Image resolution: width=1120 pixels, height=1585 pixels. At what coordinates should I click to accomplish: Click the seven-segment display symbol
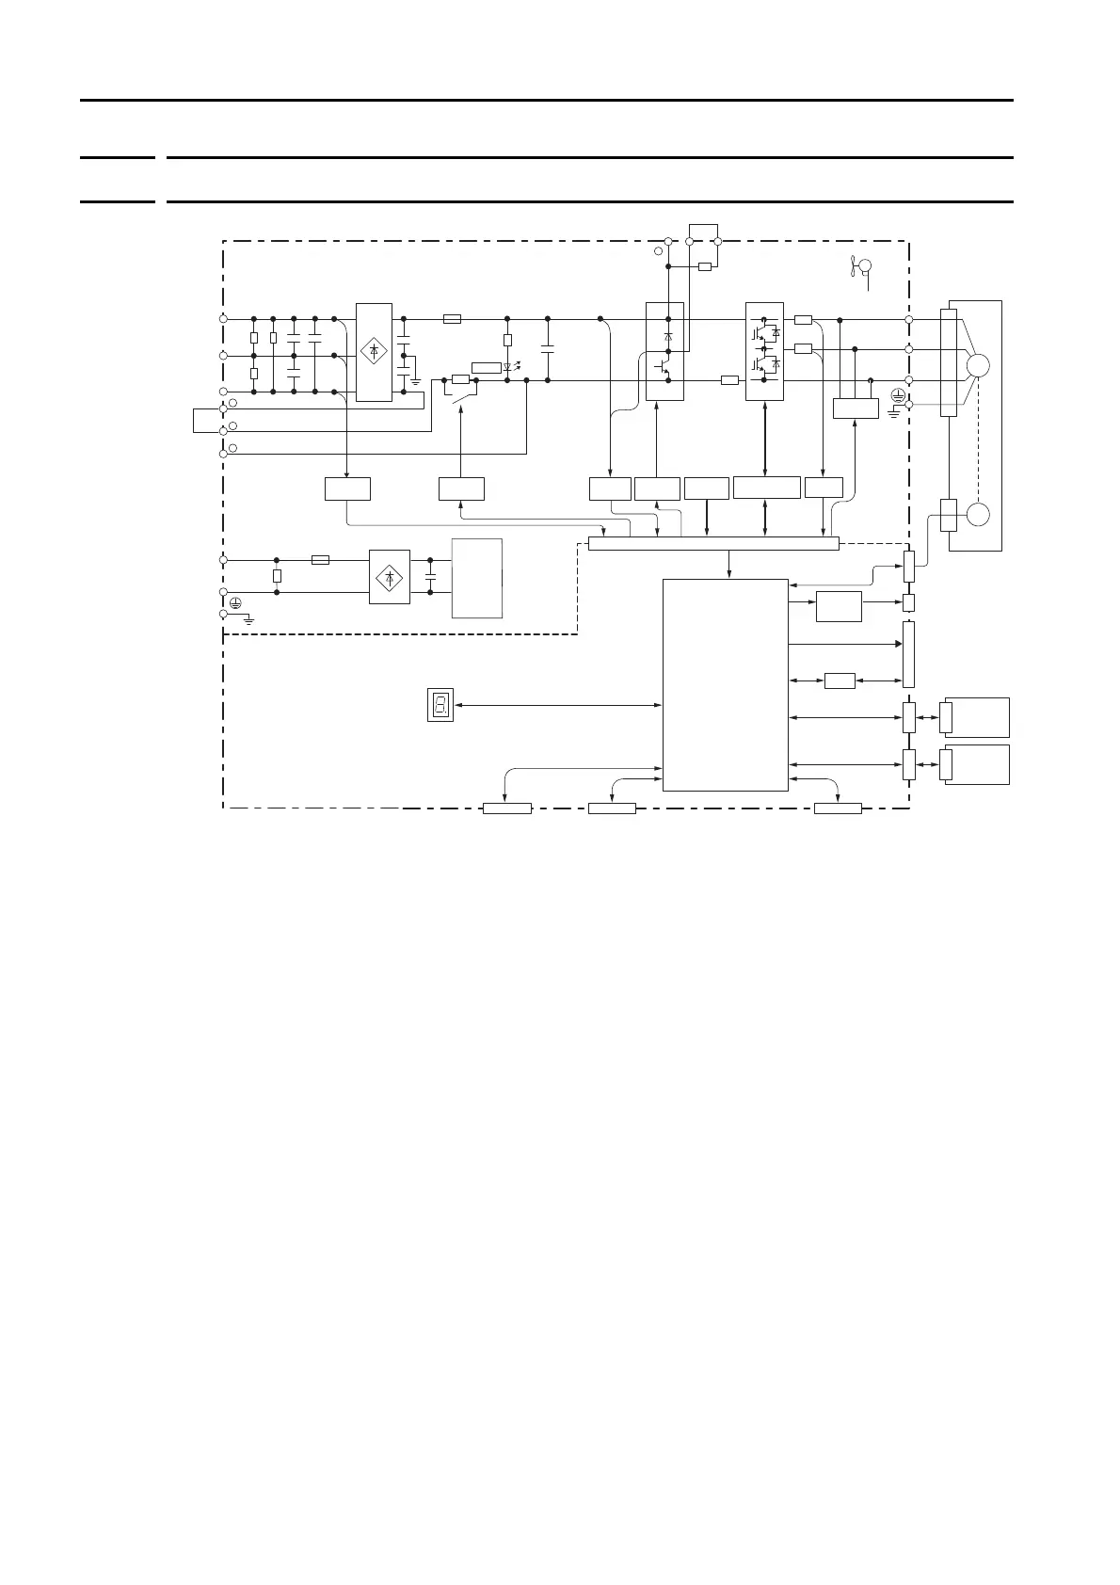(440, 704)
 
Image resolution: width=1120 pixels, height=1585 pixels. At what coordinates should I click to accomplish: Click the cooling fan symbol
(860, 267)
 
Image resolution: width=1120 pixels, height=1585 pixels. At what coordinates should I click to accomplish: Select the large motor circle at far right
(979, 365)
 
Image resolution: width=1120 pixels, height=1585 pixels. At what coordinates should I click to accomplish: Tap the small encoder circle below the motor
(979, 515)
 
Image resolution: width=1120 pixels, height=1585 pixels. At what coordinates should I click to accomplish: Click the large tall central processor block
(725, 684)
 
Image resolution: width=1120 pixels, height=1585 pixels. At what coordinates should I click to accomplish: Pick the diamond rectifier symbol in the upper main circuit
(374, 351)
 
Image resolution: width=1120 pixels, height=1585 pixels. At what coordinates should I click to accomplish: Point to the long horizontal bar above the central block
(712, 543)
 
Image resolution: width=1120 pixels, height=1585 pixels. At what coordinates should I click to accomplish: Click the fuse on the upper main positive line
(451, 319)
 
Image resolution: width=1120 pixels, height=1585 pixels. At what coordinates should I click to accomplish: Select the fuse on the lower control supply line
(319, 559)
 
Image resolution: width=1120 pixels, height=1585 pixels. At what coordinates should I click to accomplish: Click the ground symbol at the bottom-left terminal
(248, 619)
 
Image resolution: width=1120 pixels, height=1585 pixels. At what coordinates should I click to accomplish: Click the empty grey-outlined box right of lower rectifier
(476, 578)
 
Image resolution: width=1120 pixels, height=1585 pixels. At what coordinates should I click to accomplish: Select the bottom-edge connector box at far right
(838, 808)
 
